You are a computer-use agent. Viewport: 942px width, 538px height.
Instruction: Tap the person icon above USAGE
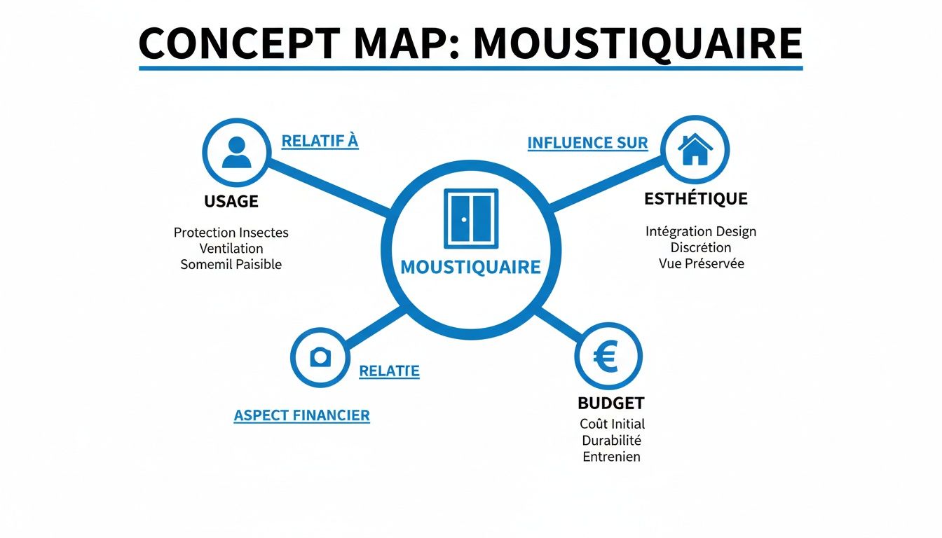[236, 152]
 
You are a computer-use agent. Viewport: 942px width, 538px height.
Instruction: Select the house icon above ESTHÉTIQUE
[695, 150]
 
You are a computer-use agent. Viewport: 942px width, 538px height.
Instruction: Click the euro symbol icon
[607, 358]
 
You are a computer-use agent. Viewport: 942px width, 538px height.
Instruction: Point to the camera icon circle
[320, 357]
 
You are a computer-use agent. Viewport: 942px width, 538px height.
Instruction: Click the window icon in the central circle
[470, 218]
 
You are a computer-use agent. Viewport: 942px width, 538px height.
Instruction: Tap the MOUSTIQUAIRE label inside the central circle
[470, 267]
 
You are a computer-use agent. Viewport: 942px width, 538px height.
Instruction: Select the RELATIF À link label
[320, 141]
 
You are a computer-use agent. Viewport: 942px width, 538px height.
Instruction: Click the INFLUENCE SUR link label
[587, 143]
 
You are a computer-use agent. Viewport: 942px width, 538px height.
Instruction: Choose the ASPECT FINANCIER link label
[301, 415]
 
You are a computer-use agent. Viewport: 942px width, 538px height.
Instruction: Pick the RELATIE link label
[389, 371]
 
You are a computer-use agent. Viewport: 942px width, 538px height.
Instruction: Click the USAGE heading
[231, 202]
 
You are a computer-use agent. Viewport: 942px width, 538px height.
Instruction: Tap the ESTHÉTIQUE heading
[695, 199]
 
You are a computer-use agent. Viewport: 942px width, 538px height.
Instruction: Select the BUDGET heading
[610, 403]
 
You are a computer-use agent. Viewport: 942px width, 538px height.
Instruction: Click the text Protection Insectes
[231, 233]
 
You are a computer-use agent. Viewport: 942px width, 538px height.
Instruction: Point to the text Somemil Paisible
[231, 265]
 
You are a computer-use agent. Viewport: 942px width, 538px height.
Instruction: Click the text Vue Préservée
[701, 264]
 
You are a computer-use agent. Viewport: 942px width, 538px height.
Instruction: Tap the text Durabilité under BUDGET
[611, 441]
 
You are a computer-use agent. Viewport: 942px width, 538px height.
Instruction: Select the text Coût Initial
[612, 424]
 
